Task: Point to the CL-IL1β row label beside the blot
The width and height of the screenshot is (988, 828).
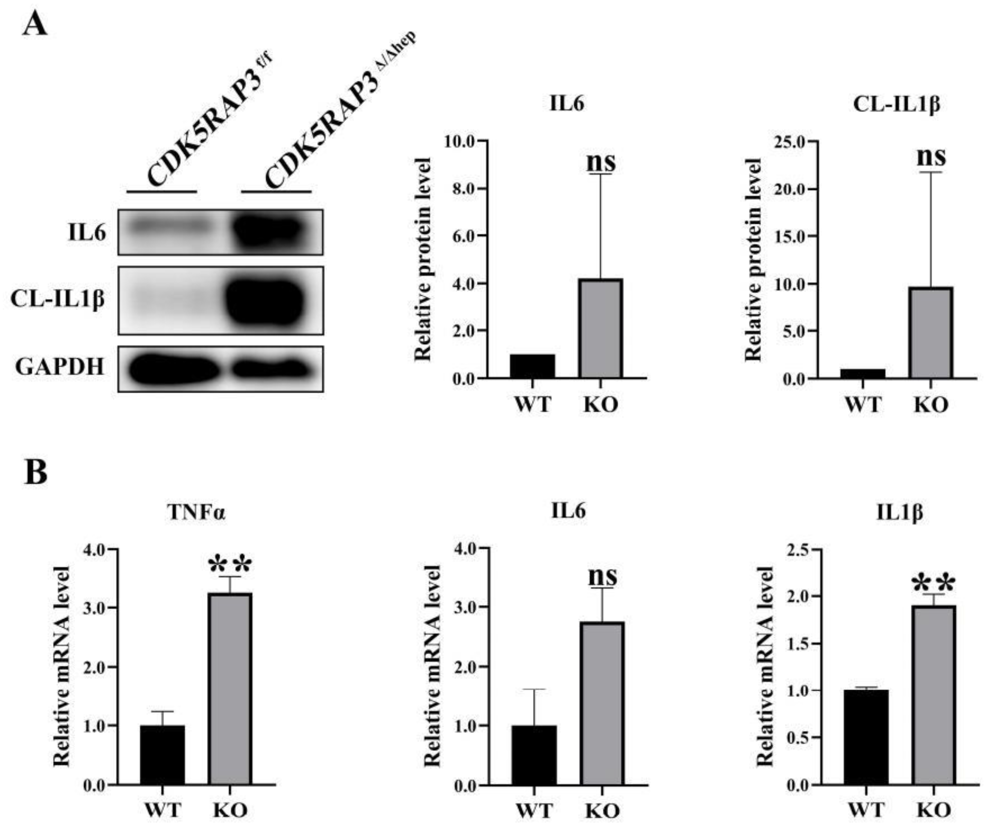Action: tap(57, 299)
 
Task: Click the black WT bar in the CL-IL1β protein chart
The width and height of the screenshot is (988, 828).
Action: tap(862, 373)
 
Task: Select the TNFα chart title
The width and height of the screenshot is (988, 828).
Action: tap(196, 512)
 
